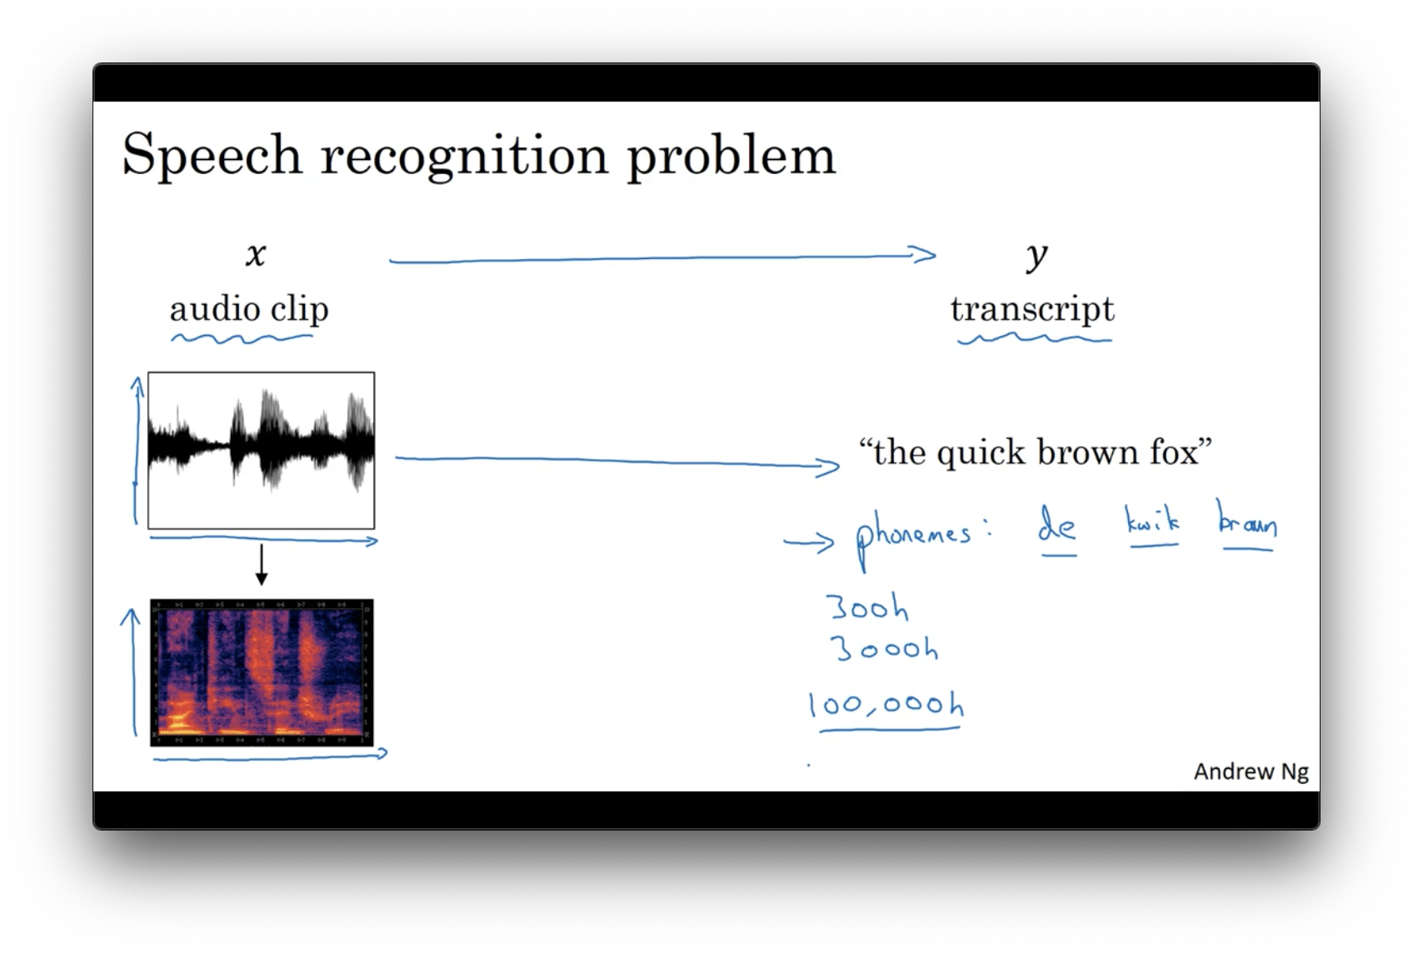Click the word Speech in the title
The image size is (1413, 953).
212,155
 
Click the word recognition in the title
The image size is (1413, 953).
464,155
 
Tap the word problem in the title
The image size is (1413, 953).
731,155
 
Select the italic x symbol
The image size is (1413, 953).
256,254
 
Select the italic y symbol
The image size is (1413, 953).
1036,256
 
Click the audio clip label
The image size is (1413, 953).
249,309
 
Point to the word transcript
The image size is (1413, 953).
1032,309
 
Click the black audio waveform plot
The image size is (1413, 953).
261,450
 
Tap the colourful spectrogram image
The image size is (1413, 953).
262,672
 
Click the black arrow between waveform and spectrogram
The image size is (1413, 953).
262,565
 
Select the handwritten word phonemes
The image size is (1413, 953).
913,536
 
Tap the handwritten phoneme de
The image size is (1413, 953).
1056,525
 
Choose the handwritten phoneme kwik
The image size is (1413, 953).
1152,521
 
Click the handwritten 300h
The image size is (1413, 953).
867,607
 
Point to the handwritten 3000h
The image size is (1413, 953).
884,647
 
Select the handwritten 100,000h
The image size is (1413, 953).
886,705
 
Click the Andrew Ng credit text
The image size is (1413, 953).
1251,771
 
